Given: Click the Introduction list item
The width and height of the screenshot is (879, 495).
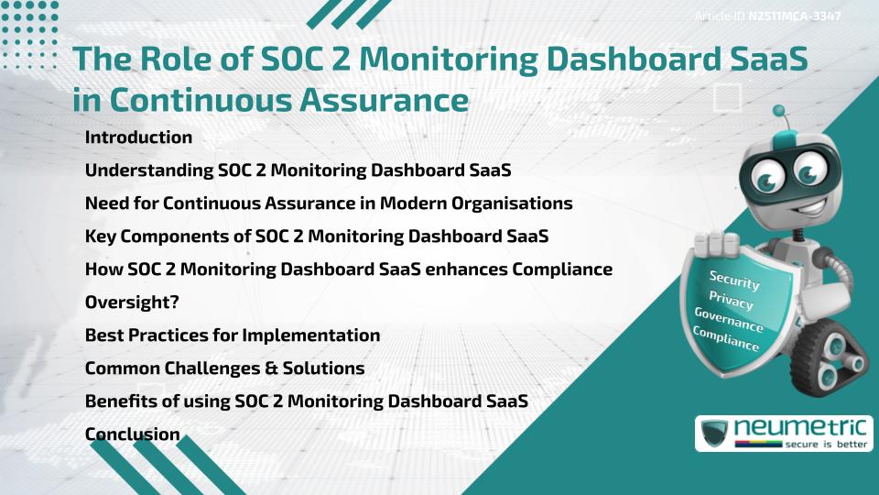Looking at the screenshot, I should tap(138, 137).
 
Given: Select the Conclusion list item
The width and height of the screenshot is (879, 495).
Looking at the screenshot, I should tap(133, 434).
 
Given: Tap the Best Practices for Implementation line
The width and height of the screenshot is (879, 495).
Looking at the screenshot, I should tap(233, 335).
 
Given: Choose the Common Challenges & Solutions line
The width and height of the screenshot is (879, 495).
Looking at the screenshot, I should tap(224, 368).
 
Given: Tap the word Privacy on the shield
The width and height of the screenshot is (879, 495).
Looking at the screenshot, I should tap(731, 300).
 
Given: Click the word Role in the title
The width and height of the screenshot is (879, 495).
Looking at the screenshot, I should tap(176, 59).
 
